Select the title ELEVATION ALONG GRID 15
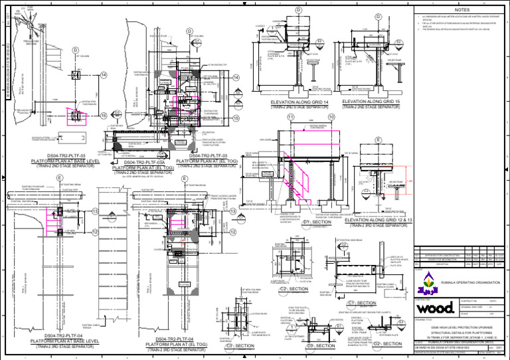pos(377,101)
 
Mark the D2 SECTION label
pos(386,344)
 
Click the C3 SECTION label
pos(240,346)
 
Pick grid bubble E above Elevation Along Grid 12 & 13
pos(377,139)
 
